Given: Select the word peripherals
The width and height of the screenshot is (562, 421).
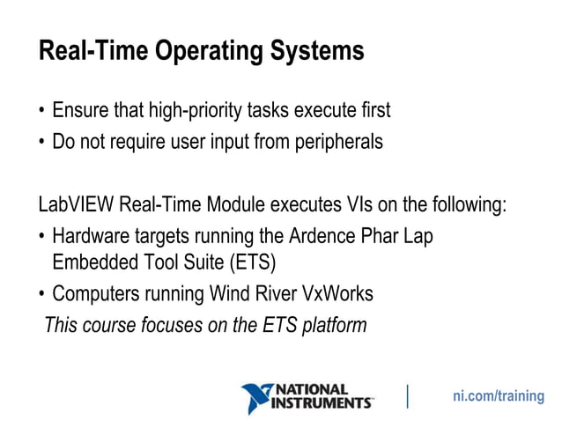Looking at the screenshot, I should point(341,141).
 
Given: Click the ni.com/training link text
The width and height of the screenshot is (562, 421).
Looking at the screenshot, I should point(498,396).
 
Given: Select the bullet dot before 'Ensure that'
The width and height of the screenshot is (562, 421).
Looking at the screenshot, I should point(41,113).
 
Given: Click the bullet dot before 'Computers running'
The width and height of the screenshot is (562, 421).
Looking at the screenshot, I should point(41,295).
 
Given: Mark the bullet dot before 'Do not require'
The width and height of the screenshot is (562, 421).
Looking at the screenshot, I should point(41,142).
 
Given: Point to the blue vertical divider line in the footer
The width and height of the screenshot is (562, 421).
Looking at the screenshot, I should point(407,396).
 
